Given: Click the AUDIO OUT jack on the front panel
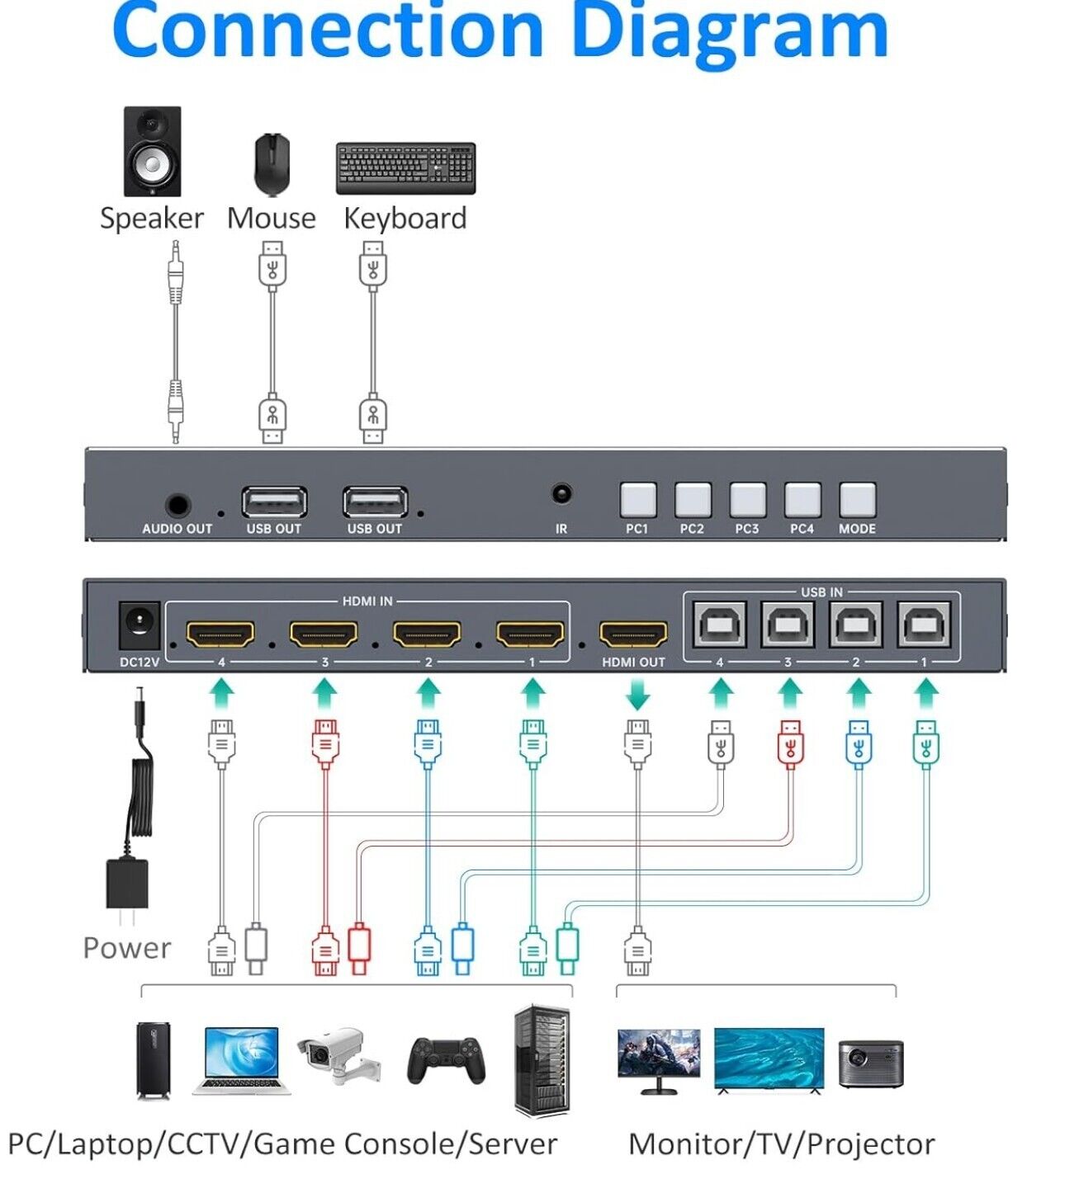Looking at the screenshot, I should [177, 505].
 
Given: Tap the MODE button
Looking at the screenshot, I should [857, 500].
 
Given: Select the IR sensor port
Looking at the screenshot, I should [561, 494].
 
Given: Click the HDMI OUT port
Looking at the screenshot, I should [633, 634].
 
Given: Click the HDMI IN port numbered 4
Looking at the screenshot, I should [220, 634].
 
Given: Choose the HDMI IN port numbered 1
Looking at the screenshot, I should [530, 634].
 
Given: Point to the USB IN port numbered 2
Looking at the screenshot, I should [856, 625].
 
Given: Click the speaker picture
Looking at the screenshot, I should [152, 151].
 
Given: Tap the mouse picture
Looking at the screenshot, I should [272, 163].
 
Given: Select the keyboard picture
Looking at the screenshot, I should [405, 168].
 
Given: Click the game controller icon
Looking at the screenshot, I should [446, 1059].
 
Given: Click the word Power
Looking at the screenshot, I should [127, 948].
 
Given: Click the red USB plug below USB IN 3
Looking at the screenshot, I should [790, 743].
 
